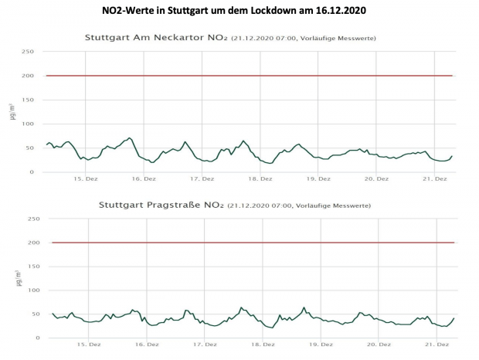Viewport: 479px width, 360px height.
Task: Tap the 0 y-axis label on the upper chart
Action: (x=31, y=172)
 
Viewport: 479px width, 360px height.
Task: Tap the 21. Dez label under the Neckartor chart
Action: (x=436, y=178)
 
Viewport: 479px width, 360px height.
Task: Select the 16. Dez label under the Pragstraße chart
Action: (x=146, y=345)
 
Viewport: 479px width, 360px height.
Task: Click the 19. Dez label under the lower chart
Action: (x=318, y=345)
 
